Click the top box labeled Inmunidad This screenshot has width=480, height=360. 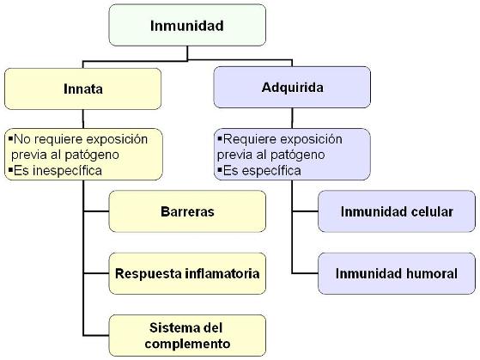tap(187, 25)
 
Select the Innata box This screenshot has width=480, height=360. tap(82, 88)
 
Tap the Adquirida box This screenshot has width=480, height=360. tap(292, 88)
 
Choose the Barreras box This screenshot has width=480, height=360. tap(187, 211)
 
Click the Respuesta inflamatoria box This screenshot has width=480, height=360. tap(187, 273)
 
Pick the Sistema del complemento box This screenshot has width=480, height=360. tap(187, 335)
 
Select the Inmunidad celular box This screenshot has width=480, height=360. tap(397, 211)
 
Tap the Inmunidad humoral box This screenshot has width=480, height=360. tap(397, 273)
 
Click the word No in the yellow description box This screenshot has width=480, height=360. tap(22, 139)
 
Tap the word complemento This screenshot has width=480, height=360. tap(187, 344)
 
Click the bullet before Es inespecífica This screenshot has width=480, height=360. tap(10, 169)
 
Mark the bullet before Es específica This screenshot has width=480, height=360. tap(220, 169)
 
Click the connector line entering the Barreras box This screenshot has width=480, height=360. tap(96, 211)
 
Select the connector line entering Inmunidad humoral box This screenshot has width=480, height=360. tap(305, 273)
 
